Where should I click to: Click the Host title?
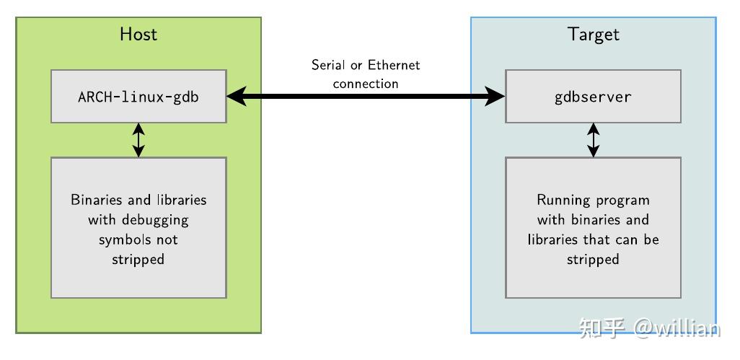[x=138, y=34]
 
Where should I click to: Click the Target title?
[x=593, y=34]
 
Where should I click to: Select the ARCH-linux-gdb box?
[x=138, y=96]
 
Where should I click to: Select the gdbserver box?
[x=593, y=96]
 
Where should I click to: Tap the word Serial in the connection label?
[x=327, y=65]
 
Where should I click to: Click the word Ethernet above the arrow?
[x=394, y=65]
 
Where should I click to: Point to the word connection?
[x=366, y=84]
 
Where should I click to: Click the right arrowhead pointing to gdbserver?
[x=495, y=96]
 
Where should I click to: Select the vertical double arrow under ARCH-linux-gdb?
[x=138, y=140]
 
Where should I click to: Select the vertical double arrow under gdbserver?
[x=593, y=140]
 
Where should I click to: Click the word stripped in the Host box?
[x=138, y=258]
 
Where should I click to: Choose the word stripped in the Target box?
[x=593, y=258]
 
